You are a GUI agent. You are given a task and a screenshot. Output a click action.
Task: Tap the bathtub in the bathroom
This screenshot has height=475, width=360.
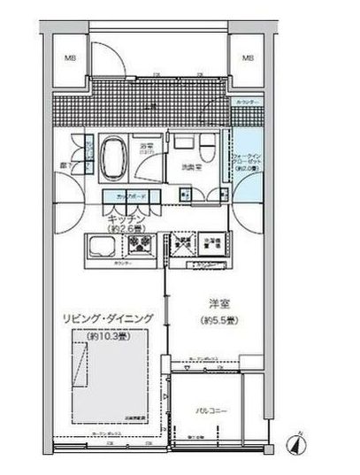[115, 157]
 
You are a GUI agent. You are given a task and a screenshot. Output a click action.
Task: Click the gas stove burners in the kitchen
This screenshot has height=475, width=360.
[142, 242]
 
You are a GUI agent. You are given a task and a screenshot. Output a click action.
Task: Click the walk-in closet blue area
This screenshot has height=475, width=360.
[247, 165]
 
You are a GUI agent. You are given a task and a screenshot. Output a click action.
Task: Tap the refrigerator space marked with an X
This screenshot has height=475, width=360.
[183, 246]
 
